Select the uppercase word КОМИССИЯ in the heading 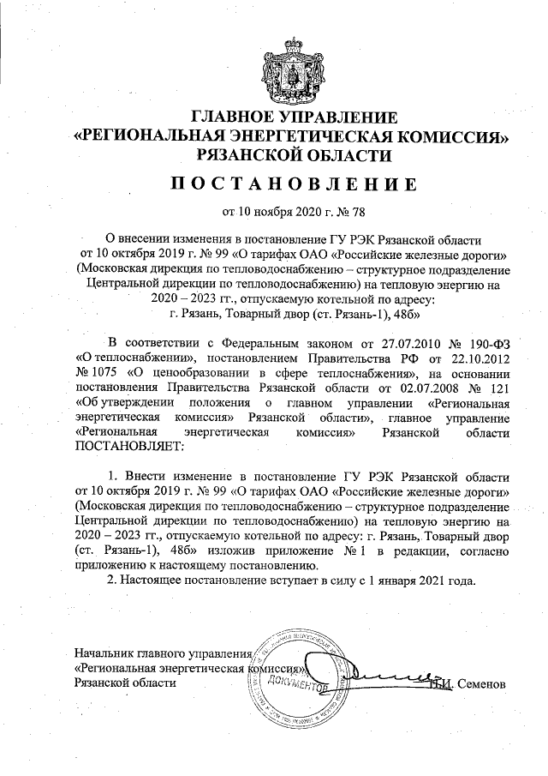[x=444, y=135]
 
